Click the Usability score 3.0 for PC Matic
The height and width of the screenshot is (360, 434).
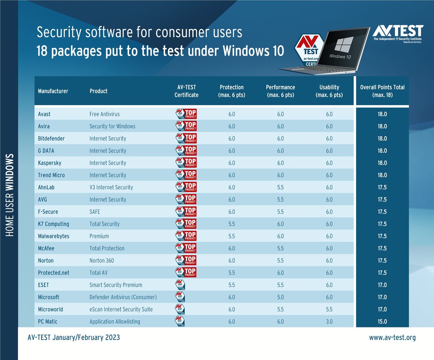click(x=329, y=322)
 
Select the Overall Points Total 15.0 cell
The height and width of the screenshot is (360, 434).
click(x=382, y=322)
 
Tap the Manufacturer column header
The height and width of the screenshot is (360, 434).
click(x=53, y=91)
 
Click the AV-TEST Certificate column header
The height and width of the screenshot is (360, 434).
click(x=186, y=91)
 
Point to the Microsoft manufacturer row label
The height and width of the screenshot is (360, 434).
click(x=49, y=297)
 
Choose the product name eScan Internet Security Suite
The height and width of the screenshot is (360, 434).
click(x=121, y=309)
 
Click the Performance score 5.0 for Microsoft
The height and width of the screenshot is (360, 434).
click(x=280, y=297)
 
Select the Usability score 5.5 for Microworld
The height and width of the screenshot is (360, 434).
click(x=329, y=309)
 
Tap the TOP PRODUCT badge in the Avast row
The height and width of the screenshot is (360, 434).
click(x=186, y=114)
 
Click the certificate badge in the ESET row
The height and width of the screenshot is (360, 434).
click(x=180, y=285)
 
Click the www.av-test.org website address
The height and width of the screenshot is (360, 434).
click(x=392, y=338)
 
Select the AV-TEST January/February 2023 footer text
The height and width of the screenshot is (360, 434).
click(x=74, y=338)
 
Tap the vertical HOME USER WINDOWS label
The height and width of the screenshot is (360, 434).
click(x=10, y=195)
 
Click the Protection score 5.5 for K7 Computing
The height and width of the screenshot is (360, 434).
click(x=232, y=224)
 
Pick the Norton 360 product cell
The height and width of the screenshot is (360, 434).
click(x=101, y=261)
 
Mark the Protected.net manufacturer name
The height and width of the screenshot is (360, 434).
click(x=53, y=273)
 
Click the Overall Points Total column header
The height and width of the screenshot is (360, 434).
click(x=382, y=91)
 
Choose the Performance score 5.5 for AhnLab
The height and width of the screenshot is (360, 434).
click(x=280, y=187)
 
